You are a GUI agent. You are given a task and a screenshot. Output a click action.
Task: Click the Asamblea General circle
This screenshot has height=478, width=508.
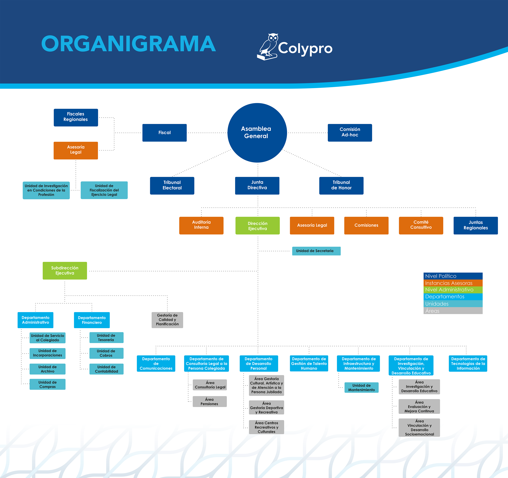[257, 133]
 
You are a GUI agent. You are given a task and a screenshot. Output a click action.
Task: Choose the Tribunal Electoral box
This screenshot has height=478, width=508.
[172, 185]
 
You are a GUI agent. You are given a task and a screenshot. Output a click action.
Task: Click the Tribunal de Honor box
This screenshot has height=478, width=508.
[341, 185]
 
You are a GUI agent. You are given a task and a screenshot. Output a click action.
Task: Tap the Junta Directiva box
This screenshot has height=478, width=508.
[257, 185]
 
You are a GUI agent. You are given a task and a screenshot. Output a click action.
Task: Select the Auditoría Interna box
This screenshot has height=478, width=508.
[201, 225]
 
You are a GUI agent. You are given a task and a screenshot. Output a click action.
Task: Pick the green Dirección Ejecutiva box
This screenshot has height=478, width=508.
[257, 226]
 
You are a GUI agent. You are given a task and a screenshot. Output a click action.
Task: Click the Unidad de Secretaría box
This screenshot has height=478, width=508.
[316, 251]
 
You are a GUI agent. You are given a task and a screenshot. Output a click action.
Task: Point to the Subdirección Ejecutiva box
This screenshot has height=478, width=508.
[65, 270]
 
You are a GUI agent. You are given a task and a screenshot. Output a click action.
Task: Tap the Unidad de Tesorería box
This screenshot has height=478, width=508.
[106, 338]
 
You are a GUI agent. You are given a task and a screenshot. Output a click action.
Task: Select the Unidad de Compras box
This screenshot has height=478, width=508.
[47, 384]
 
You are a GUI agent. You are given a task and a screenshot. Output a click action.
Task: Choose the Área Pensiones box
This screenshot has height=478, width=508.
[210, 401]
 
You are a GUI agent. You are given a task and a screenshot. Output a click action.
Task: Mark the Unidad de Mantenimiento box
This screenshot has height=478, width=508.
[361, 388]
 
